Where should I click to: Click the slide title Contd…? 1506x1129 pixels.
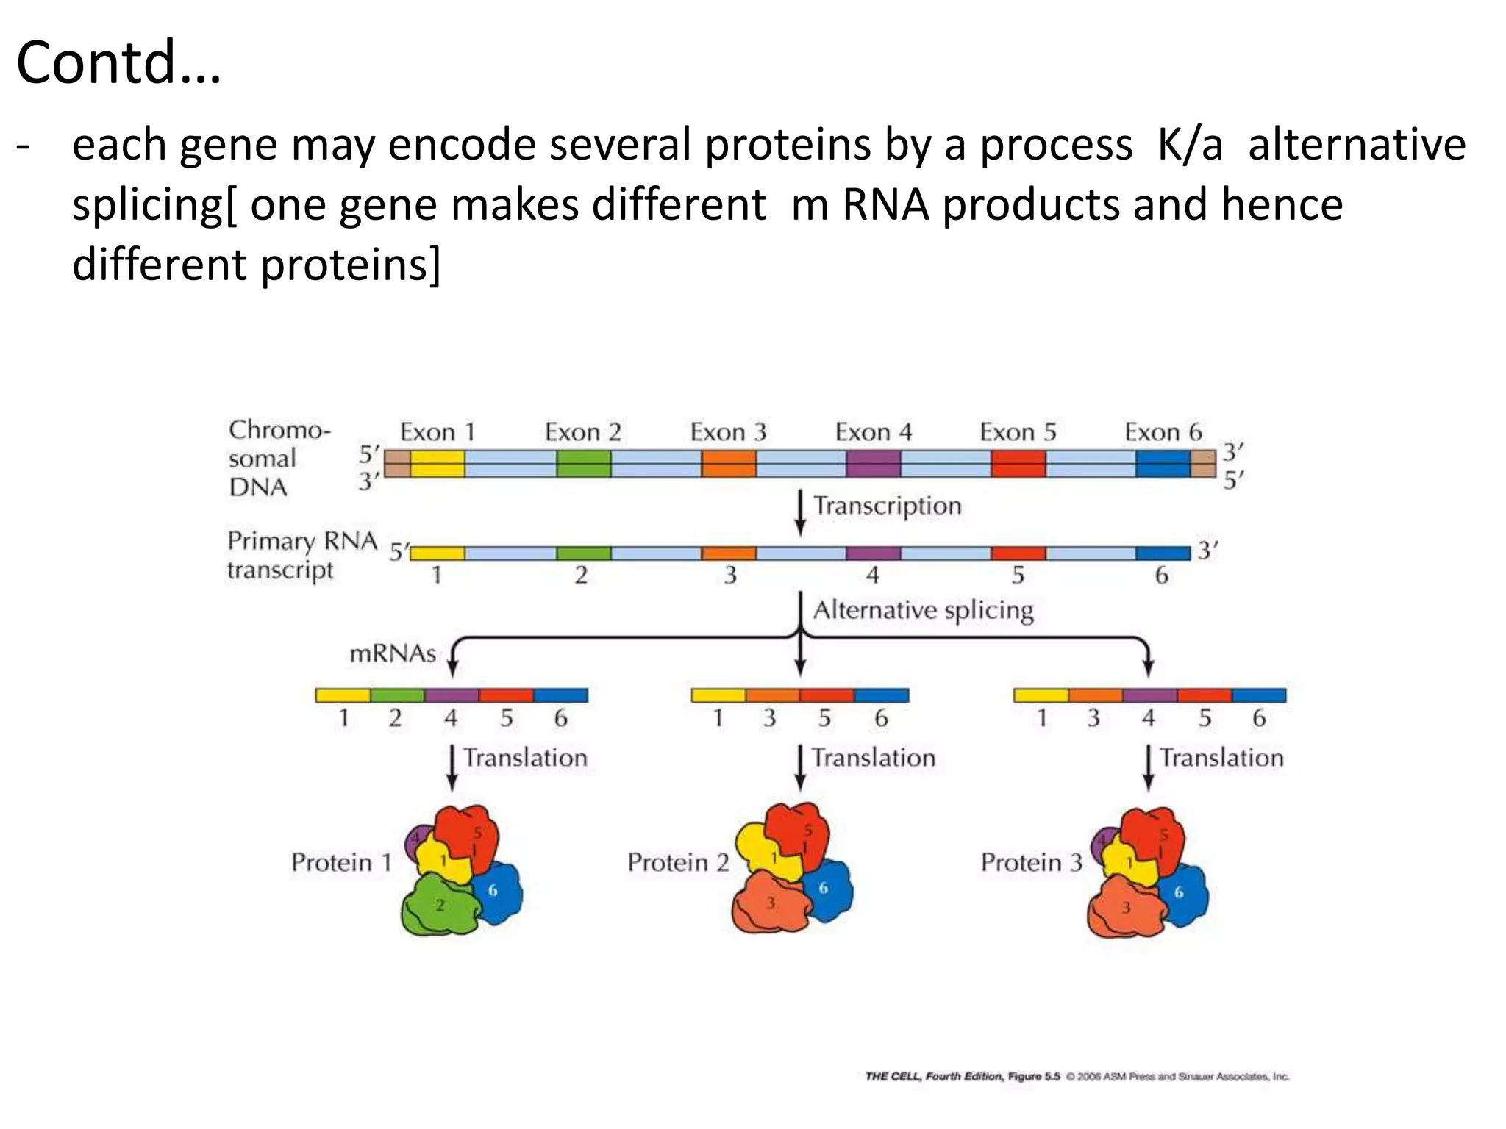point(118,62)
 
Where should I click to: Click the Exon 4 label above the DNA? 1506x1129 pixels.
point(873,432)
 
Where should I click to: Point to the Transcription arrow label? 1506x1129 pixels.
point(887,506)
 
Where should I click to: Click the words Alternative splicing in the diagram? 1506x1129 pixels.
point(923,610)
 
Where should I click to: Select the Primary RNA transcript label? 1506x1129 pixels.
point(301,555)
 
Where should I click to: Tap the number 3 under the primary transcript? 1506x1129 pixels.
point(729,575)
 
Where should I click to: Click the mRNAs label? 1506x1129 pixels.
point(393,653)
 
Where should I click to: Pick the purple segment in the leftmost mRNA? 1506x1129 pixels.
point(452,695)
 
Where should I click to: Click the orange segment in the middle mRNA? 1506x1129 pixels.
point(772,695)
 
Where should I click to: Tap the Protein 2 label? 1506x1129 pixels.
point(677,862)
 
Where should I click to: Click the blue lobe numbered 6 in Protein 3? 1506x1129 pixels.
point(1180,892)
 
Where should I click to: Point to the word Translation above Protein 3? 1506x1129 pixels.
point(1221,758)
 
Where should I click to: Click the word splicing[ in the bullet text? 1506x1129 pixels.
point(154,205)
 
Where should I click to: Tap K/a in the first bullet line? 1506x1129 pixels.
point(1189,145)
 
